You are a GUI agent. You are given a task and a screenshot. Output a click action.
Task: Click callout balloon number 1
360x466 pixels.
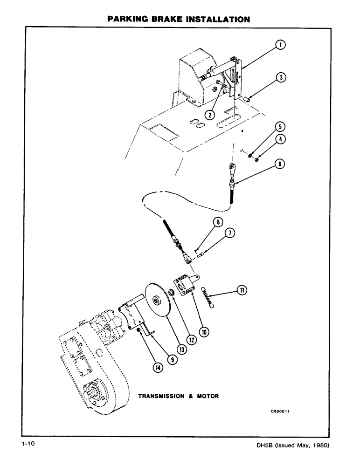pos(280,45)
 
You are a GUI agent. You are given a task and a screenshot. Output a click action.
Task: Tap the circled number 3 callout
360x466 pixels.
pos(280,77)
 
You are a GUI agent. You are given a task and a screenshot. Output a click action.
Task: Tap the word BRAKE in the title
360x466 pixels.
pos(157,20)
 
